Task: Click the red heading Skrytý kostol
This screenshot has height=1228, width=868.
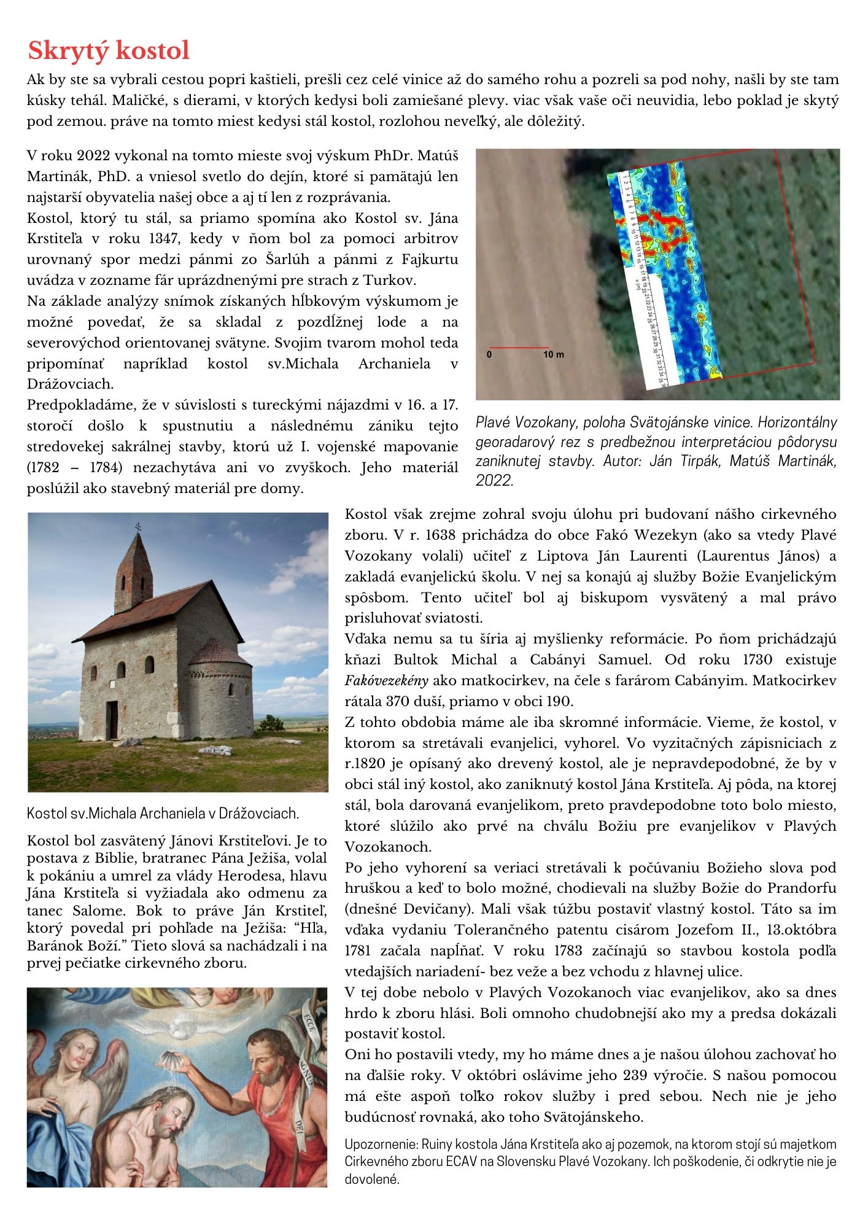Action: (x=109, y=50)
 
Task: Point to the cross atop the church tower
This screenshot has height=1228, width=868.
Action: (x=136, y=527)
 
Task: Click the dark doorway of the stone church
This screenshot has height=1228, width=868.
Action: (x=112, y=719)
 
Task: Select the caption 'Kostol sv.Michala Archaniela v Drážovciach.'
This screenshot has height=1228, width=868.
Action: (x=163, y=814)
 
